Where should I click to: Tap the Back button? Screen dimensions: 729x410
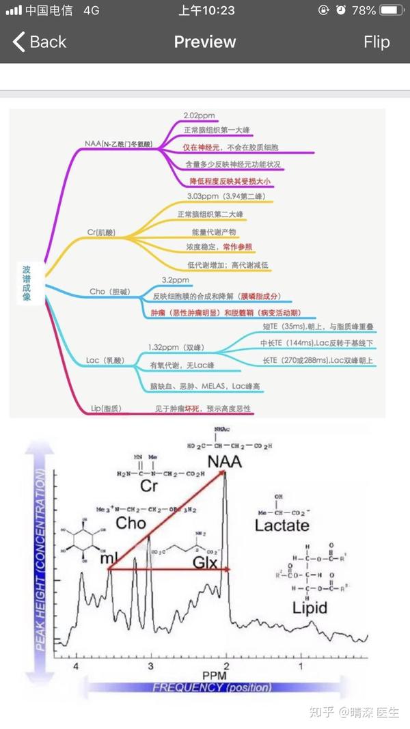coord(40,42)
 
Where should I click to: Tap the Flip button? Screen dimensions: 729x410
coord(377,42)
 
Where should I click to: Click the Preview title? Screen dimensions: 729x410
coord(204,42)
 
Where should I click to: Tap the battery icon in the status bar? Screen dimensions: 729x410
coord(390,10)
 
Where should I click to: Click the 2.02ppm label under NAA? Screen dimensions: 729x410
coord(201,116)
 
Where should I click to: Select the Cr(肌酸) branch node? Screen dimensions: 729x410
coord(102,232)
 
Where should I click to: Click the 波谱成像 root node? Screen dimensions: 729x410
coord(27,284)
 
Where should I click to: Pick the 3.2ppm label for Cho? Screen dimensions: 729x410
coord(176,280)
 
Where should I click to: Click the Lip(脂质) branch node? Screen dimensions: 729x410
coord(106,409)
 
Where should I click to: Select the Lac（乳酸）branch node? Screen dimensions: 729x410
coord(104,360)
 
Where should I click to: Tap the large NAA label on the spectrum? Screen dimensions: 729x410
coord(225,460)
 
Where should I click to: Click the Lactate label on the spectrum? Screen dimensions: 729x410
coord(282,525)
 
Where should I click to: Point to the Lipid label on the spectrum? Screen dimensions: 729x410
coord(310,607)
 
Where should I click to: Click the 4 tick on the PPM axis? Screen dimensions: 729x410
coord(76,665)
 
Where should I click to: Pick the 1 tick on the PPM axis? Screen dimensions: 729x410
coord(301,665)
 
